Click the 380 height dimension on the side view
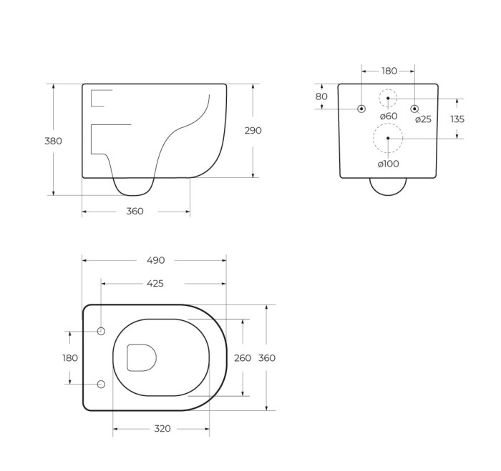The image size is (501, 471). click(x=53, y=141)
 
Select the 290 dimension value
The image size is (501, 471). click(x=253, y=131)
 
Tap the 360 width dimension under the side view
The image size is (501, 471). click(x=135, y=212)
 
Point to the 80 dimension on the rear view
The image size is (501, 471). click(x=321, y=96)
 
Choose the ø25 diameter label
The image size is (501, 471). click(x=423, y=119)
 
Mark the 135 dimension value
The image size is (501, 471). click(x=457, y=119)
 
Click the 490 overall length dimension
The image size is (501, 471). click(x=155, y=260)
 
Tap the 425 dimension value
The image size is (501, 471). click(x=155, y=284)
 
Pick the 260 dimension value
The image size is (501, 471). click(x=243, y=358)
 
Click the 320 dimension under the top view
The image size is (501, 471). click(x=162, y=429)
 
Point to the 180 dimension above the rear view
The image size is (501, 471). click(x=389, y=71)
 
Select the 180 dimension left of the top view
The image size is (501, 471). click(x=70, y=358)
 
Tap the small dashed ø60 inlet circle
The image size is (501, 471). click(x=388, y=98)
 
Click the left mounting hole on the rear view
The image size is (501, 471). click(x=361, y=109)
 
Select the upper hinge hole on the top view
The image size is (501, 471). click(x=101, y=332)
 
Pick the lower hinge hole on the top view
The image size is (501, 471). click(x=101, y=385)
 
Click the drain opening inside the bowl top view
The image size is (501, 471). click(x=141, y=357)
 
